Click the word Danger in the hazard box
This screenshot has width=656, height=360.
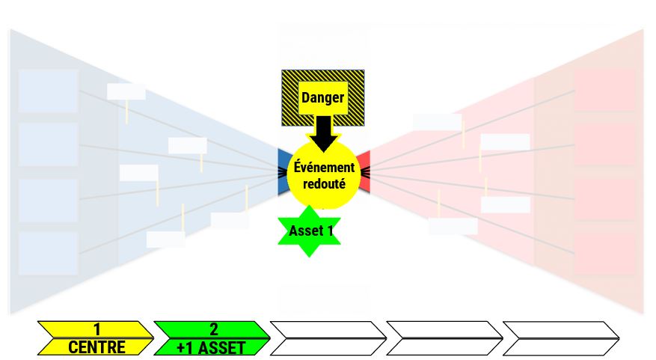[322, 97]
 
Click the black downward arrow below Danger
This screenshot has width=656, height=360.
[324, 134]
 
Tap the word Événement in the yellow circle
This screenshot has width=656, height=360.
[324, 168]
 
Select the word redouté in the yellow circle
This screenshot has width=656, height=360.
[324, 184]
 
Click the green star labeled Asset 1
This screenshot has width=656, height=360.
[309, 231]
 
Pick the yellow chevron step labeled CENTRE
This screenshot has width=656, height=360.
[96, 338]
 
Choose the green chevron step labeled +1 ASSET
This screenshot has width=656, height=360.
[212, 338]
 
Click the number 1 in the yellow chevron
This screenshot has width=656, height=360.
[97, 329]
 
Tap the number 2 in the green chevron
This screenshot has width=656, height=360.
[213, 329]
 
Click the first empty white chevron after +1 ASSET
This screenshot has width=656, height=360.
[328, 338]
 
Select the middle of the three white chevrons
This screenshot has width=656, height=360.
[444, 338]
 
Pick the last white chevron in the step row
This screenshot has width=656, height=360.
[560, 338]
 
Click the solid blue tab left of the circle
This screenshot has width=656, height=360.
[283, 171]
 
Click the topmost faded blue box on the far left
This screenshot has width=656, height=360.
[48, 91]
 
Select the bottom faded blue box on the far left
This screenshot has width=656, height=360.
[48, 254]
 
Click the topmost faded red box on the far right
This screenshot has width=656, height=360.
[605, 90]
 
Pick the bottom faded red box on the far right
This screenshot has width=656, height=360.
[605, 254]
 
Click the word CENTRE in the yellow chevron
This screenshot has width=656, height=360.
[96, 347]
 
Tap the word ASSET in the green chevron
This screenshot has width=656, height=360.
[221, 348]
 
